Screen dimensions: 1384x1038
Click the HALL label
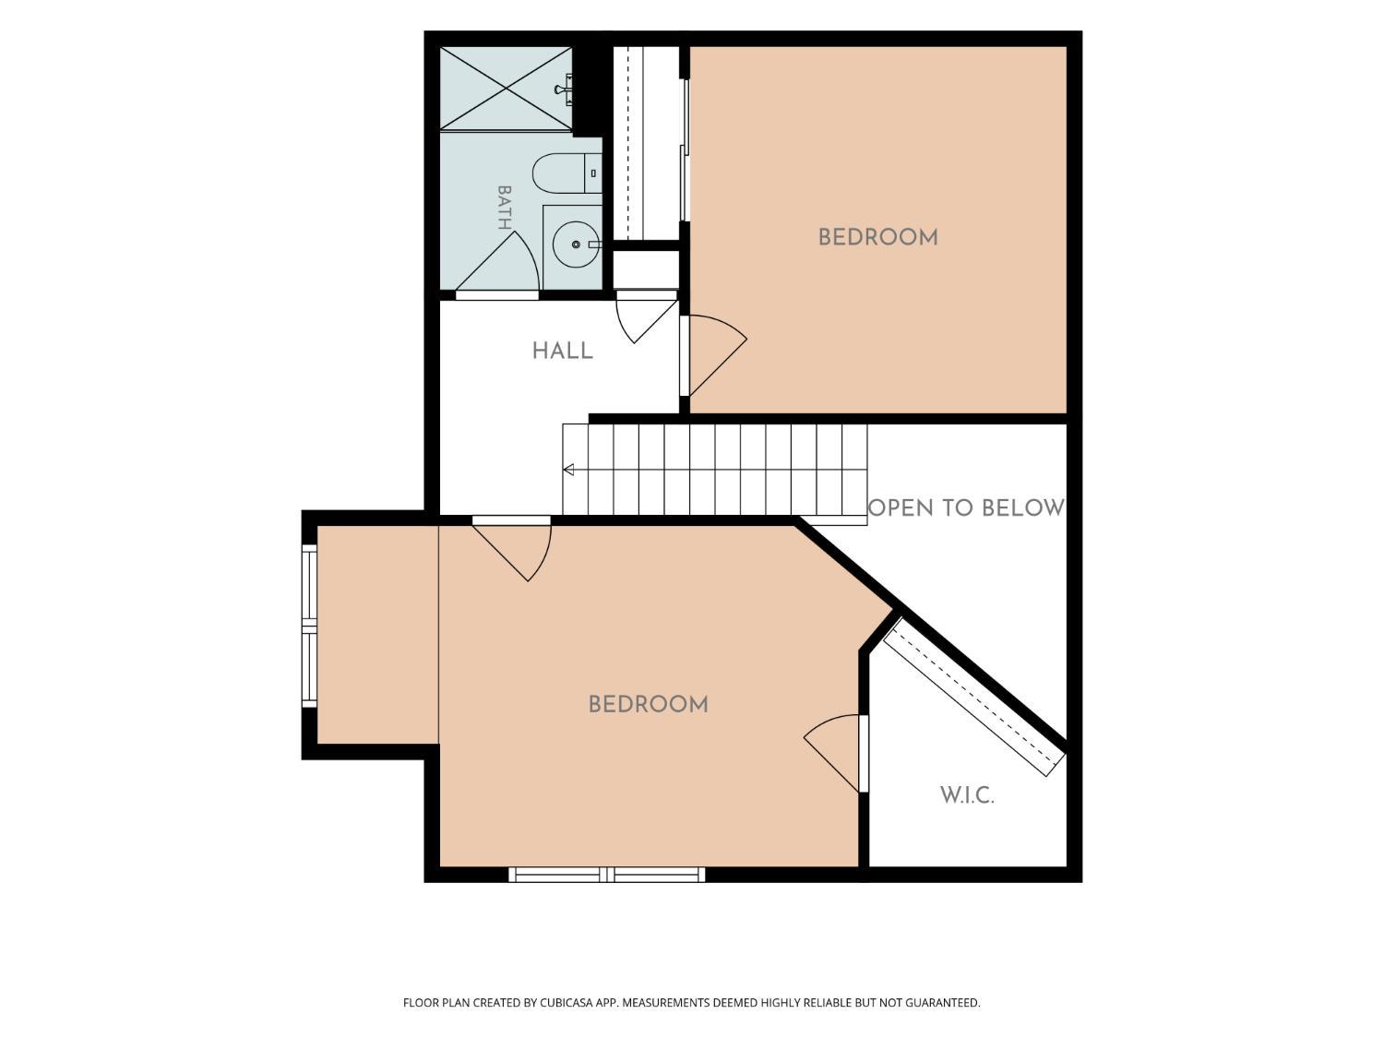[x=563, y=351]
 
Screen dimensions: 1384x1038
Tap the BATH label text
[x=505, y=208]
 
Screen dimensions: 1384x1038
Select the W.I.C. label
[x=967, y=795]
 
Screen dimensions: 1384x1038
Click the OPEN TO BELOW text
[x=966, y=508]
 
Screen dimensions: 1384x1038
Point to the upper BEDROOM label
[x=877, y=238]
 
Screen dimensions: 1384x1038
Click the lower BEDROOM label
[x=649, y=705]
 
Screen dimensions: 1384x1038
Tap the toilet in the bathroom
[x=567, y=173]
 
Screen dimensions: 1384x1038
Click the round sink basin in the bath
[x=576, y=244]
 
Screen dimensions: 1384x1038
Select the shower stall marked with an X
[x=507, y=89]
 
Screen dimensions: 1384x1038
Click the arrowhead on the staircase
[x=568, y=470]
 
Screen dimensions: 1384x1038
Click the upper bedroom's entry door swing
[x=718, y=355]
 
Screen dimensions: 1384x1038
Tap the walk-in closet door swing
[x=832, y=753]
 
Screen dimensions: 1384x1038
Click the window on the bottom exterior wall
[x=606, y=874]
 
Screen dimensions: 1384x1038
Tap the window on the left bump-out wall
[x=309, y=626]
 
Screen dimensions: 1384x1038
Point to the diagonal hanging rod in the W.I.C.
[x=973, y=697]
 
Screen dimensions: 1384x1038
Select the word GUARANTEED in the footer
[x=943, y=1002]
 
